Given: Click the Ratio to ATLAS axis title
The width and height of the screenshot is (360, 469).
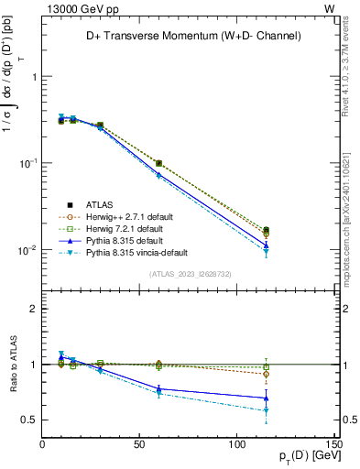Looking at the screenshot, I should pyautogui.click(x=12, y=365).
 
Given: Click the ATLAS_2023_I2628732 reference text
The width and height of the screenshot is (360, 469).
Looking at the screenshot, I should pyautogui.click(x=191, y=273).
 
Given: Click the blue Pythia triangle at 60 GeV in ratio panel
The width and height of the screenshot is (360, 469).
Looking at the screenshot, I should pyautogui.click(x=158, y=389).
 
